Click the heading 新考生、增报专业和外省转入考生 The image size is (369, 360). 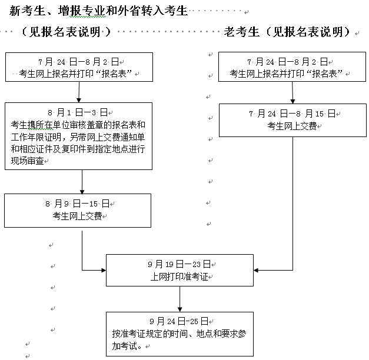coord(98,11)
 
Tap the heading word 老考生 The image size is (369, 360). coord(242,32)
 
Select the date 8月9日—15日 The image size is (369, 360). coord(78,203)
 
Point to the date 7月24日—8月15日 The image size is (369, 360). coord(292,112)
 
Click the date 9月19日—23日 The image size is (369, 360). coord(179,264)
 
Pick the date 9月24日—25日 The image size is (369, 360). coord(179,321)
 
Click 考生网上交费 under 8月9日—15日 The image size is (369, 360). coord(77,216)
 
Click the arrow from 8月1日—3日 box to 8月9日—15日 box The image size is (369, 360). coord(81,183)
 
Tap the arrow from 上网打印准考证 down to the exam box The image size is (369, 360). coord(179,299)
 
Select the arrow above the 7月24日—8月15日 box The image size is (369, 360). coord(292,93)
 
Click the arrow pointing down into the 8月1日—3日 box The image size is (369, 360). coord(79,92)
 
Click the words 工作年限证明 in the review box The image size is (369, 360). coord(36,137)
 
